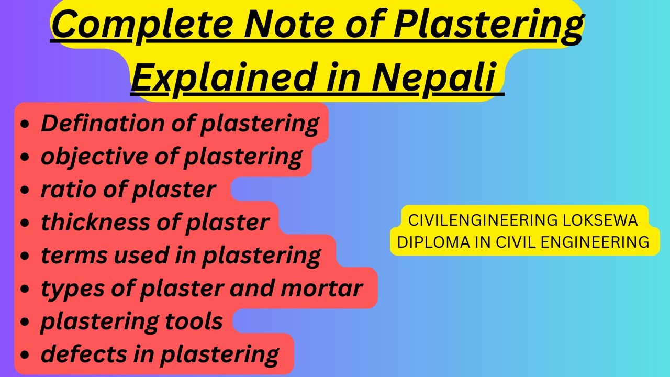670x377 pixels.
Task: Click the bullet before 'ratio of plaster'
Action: (x=24, y=191)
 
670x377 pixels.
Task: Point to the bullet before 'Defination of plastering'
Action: (x=24, y=125)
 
